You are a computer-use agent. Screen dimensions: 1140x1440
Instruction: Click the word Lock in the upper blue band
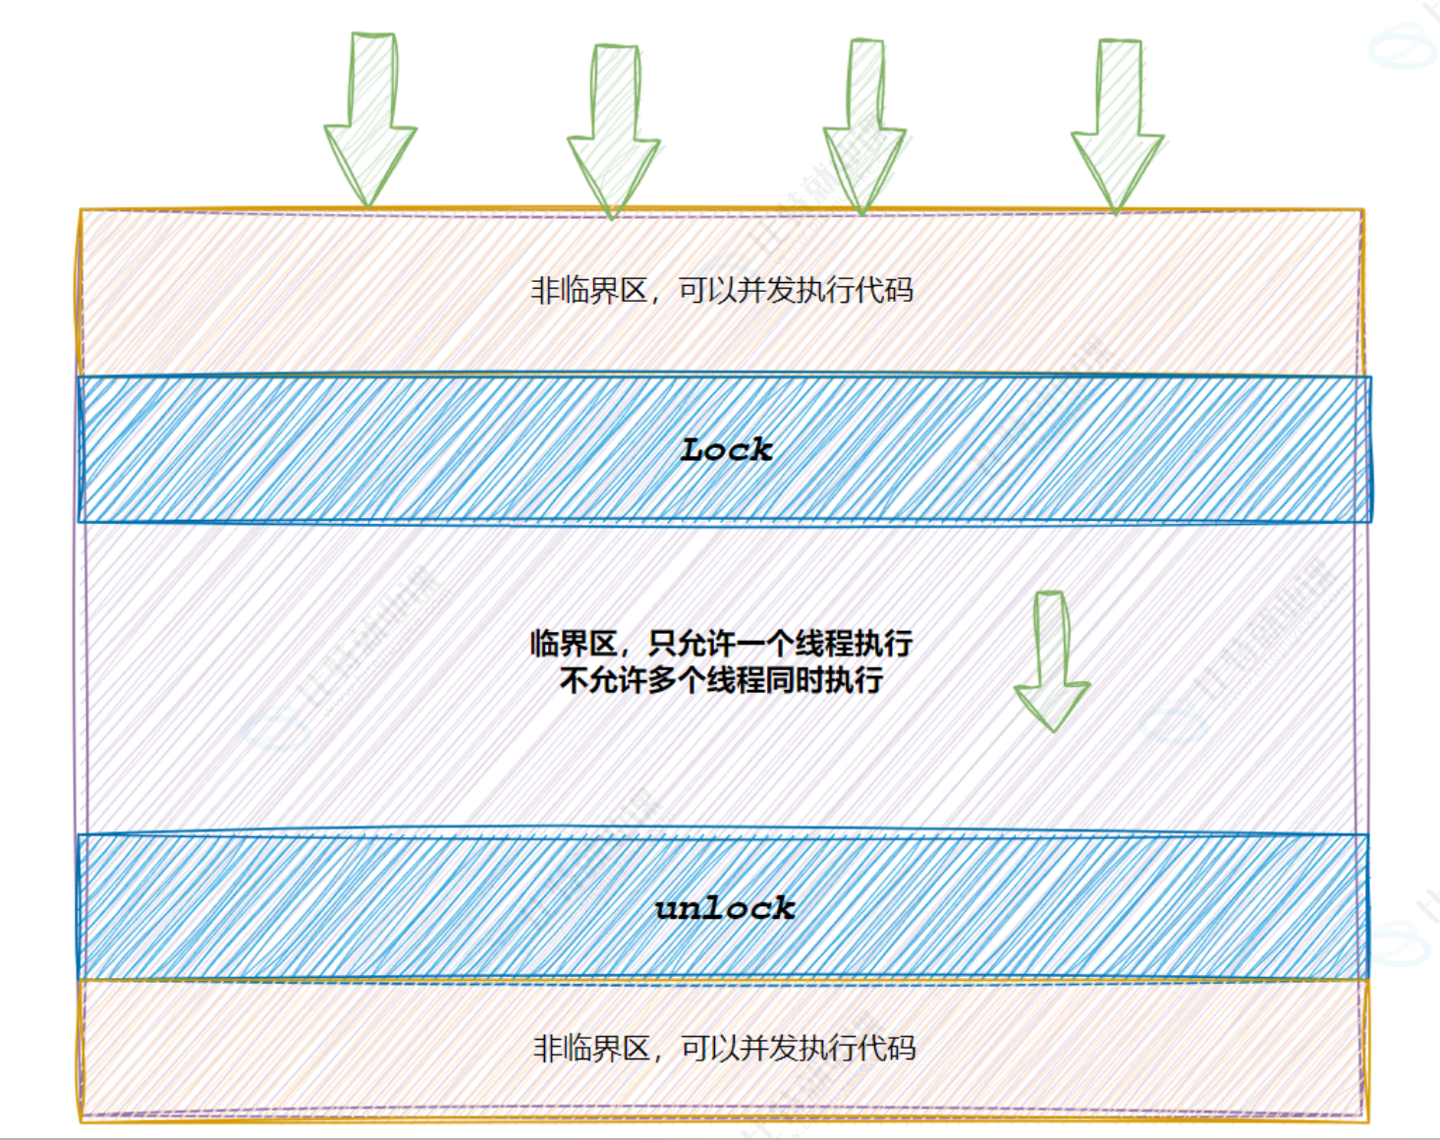point(726,450)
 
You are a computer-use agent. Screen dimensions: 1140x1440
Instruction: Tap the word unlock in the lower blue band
point(725,908)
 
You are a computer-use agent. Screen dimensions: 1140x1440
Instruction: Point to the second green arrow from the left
point(614,128)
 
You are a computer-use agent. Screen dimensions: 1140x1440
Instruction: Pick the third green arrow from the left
point(864,125)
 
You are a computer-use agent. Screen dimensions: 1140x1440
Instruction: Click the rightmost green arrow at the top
point(1118,125)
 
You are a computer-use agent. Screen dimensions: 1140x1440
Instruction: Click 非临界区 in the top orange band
point(588,291)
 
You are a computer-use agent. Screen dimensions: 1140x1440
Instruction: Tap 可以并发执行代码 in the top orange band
point(796,291)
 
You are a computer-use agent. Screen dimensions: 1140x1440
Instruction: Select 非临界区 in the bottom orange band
point(591,1049)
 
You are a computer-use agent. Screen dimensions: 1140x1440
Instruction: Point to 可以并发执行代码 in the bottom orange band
point(799,1049)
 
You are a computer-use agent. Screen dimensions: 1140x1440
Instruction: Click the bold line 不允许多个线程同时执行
point(721,680)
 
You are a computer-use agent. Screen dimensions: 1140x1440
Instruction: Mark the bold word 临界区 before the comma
point(574,645)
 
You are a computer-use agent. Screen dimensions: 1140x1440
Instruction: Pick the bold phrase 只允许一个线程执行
point(781,645)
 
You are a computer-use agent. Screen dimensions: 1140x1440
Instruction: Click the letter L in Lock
point(693,450)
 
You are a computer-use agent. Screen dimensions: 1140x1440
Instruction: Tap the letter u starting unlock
point(667,909)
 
